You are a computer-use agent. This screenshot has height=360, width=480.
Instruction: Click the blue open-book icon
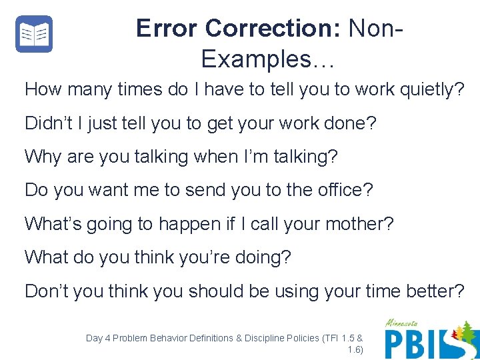coord(34,34)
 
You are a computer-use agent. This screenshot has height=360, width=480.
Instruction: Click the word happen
coord(190,224)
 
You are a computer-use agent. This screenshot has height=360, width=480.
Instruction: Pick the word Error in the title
coord(167,28)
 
